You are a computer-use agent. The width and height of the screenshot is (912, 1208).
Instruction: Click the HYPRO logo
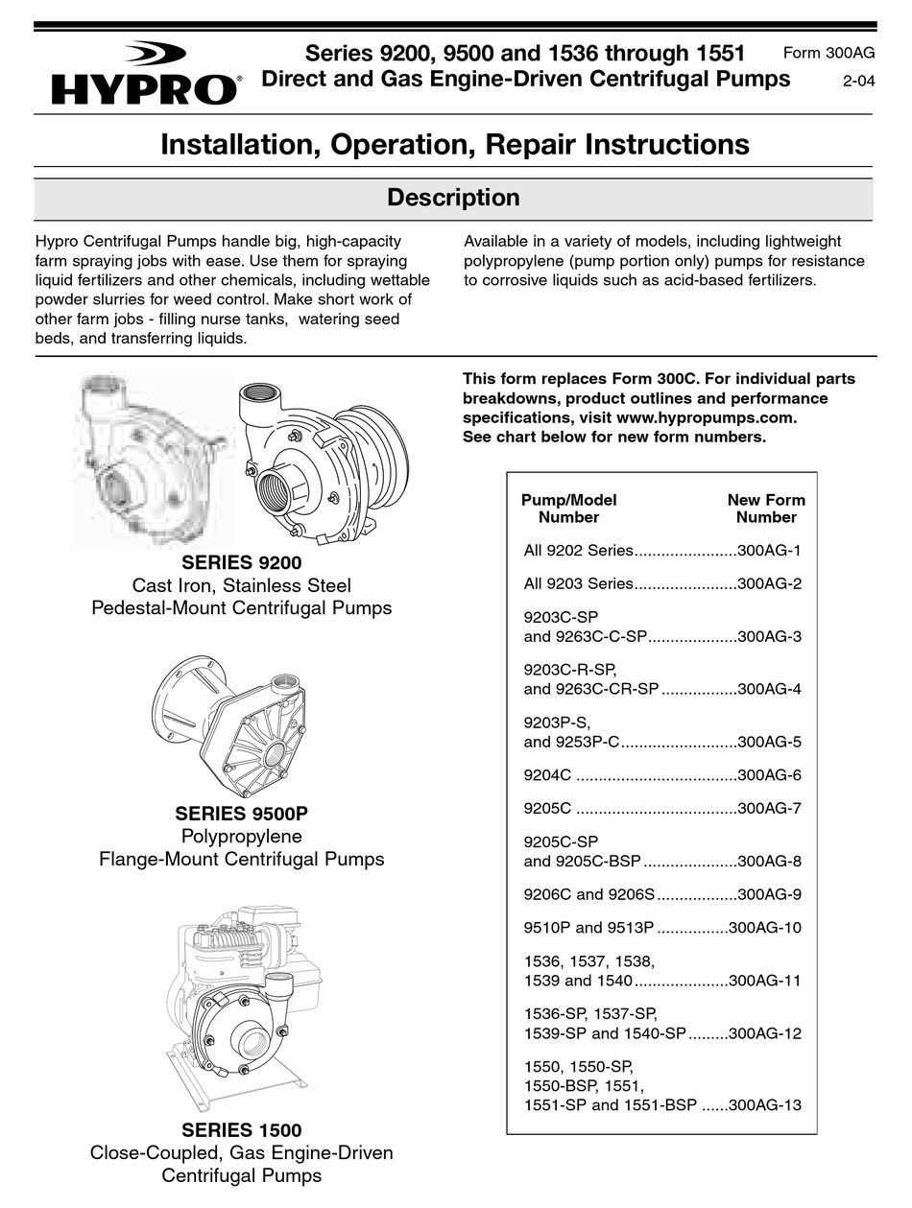(145, 75)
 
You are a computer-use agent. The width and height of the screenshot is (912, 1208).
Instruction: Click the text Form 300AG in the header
(828, 54)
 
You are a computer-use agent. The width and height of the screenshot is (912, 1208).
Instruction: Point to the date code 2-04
(858, 82)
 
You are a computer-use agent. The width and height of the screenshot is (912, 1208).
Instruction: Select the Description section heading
(453, 199)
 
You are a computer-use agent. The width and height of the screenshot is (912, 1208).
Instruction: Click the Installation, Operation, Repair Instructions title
(454, 145)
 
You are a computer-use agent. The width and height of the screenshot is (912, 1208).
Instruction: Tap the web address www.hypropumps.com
(705, 418)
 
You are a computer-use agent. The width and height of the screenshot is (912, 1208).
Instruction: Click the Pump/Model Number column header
(568, 509)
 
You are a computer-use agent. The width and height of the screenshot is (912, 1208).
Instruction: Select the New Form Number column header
(765, 509)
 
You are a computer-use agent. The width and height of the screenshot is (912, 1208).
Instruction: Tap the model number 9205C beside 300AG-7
(547, 808)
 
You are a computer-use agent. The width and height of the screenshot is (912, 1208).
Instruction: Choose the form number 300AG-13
(764, 1105)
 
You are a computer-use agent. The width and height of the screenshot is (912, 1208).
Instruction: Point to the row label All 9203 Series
(578, 583)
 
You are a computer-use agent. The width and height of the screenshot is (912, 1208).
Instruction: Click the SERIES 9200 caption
(241, 563)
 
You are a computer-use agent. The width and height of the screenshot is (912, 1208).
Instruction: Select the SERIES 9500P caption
(241, 814)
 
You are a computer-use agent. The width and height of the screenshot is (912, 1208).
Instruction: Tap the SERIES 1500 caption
(241, 1130)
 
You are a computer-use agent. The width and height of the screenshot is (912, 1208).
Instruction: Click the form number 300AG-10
(764, 928)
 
